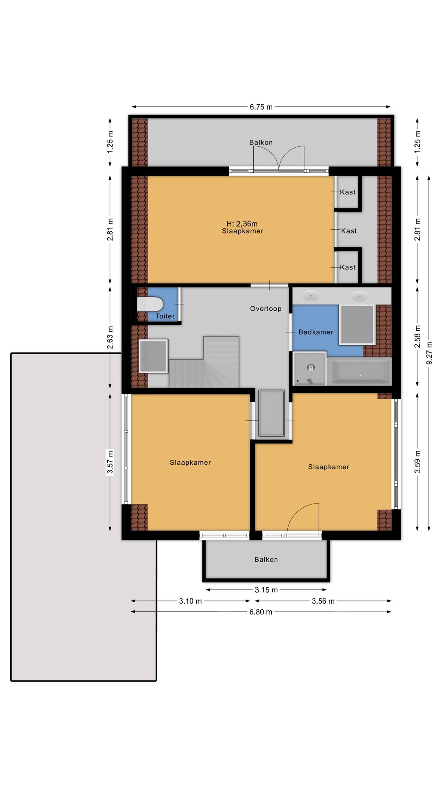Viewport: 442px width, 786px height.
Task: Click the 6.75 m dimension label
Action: tap(261, 107)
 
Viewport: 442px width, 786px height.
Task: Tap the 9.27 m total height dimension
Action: tap(429, 353)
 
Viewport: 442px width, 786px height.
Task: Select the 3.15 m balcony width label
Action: tap(266, 590)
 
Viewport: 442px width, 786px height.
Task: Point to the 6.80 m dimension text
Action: tap(261, 612)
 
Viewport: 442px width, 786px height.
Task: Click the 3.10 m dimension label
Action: tap(190, 601)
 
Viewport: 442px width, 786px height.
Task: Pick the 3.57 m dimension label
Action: tap(110, 462)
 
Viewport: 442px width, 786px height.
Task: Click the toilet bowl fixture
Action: tap(150, 305)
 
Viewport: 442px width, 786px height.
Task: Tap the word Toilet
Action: tap(165, 316)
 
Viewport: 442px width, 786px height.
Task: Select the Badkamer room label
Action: tap(316, 332)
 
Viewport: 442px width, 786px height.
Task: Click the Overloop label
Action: tap(266, 309)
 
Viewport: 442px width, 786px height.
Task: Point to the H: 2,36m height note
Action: tap(242, 224)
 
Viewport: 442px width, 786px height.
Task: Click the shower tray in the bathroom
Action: tap(310, 368)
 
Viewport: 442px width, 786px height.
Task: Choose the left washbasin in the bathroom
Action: tap(311, 295)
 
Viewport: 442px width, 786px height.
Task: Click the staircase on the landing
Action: tap(204, 362)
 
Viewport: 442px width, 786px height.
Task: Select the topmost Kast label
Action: tap(348, 192)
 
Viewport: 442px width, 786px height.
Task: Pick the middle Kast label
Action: tap(349, 231)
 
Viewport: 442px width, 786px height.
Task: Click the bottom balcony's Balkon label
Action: tap(266, 559)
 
